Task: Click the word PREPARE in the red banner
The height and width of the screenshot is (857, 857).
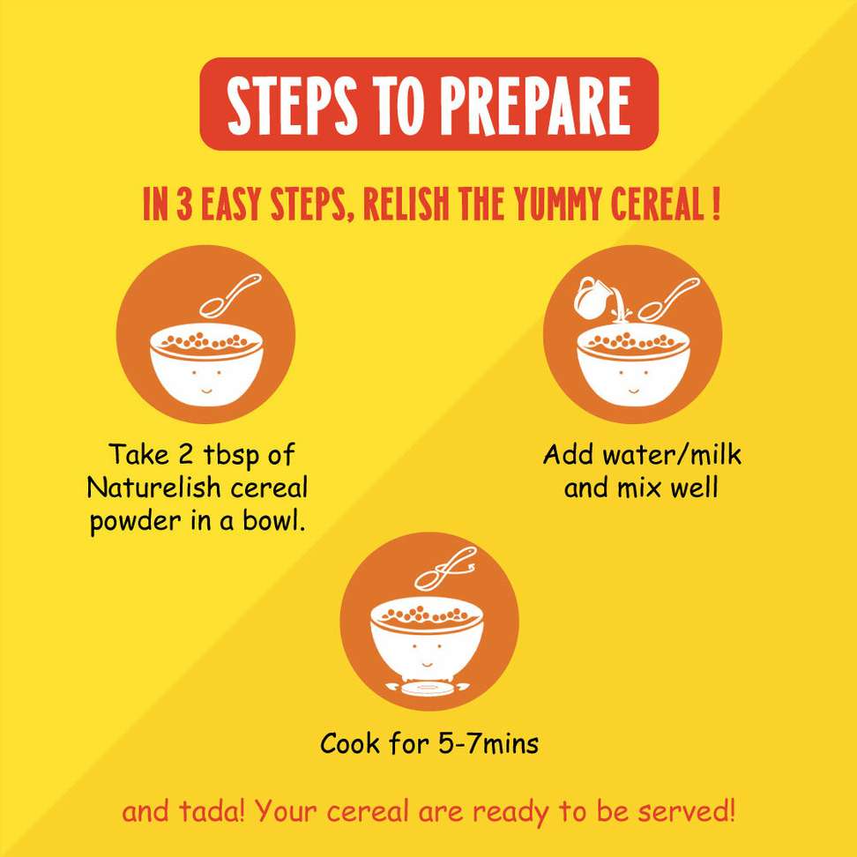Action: pyautogui.click(x=536, y=105)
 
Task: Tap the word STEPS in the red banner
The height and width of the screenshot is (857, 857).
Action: pyautogui.click(x=293, y=105)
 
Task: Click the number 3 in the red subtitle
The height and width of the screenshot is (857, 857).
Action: pyautogui.click(x=183, y=205)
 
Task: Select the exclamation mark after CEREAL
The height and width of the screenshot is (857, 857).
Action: pyautogui.click(x=716, y=205)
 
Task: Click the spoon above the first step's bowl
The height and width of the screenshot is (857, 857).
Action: pyautogui.click(x=229, y=295)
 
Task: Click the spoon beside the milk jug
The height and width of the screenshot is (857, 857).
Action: pyautogui.click(x=668, y=300)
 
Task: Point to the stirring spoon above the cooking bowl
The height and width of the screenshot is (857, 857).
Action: pyautogui.click(x=445, y=570)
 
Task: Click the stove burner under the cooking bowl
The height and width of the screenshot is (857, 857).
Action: pyautogui.click(x=428, y=688)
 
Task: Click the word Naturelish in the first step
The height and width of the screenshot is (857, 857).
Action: pyautogui.click(x=154, y=488)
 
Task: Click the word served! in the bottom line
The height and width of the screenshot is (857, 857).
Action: pyautogui.click(x=686, y=812)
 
